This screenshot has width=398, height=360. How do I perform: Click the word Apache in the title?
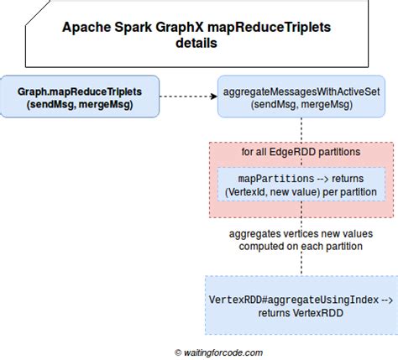pyautogui.click(x=87, y=27)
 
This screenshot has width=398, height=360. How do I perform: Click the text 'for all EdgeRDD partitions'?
pyautogui.click(x=301, y=153)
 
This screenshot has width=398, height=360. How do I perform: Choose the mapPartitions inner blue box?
pyautogui.click(x=301, y=185)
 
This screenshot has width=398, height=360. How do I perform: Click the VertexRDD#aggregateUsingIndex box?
pyautogui.click(x=301, y=305)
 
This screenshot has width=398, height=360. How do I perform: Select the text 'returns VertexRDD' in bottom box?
pyautogui.click(x=301, y=313)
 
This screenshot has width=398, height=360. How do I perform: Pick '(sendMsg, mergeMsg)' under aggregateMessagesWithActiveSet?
pyautogui.click(x=301, y=105)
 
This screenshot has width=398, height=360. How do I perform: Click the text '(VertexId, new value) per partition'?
pyautogui.click(x=301, y=193)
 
